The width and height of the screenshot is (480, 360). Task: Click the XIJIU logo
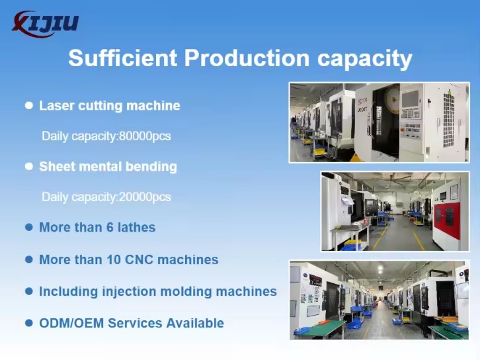pos(46,24)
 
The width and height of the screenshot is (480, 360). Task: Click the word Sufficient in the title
pos(123,58)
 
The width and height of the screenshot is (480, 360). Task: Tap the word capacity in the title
pos(364,59)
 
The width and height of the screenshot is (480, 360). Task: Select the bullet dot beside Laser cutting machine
pos(29,105)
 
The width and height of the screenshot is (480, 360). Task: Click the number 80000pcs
pos(145,136)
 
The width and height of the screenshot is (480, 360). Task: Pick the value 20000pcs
pos(145,197)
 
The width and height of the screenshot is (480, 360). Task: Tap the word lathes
pos(137,228)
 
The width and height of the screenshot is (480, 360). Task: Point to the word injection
pos(129,292)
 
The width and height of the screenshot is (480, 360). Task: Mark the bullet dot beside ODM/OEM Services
pos(29,323)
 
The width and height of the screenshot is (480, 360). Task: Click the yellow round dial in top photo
pos(393,99)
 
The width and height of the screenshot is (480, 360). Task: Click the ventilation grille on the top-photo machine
pos(448,120)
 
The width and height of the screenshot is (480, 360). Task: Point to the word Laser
pos(57,105)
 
